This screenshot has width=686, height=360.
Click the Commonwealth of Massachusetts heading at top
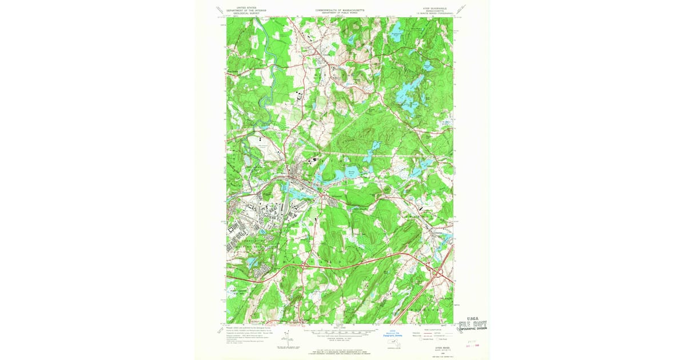click(x=340, y=11)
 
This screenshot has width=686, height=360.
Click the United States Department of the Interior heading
click(x=244, y=11)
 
